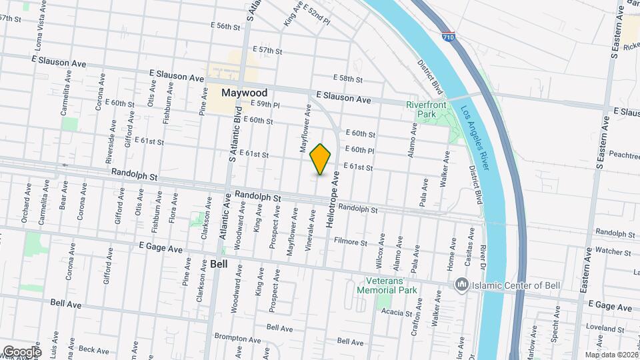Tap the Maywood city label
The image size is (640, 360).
tap(245, 93)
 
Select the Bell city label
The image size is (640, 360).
tap(219, 263)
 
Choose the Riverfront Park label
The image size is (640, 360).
tap(421, 109)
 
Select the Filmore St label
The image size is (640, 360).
tap(351, 243)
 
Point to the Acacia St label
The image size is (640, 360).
tap(399, 312)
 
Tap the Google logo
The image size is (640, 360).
tap(21, 351)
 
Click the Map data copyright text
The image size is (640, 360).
tap(611, 355)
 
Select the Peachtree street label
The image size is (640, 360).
tap(624, 155)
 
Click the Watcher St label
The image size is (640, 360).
tap(608, 251)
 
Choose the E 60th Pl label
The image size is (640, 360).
tap(360, 150)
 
